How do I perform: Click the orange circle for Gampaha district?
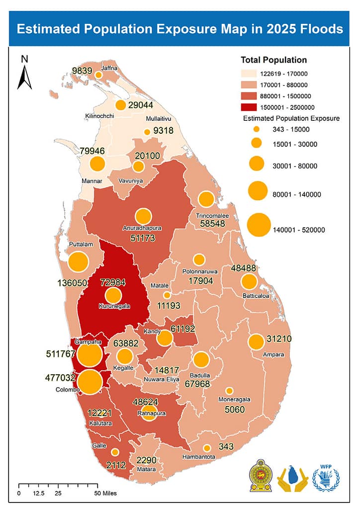[x=90, y=355]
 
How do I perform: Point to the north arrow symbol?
[x=24, y=73]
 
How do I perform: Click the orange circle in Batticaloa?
[x=249, y=282]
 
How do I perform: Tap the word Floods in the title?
[x=320, y=29]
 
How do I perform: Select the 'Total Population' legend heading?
[x=273, y=60]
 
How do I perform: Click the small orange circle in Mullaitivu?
[x=147, y=132]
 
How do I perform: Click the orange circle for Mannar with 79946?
[x=98, y=164]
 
